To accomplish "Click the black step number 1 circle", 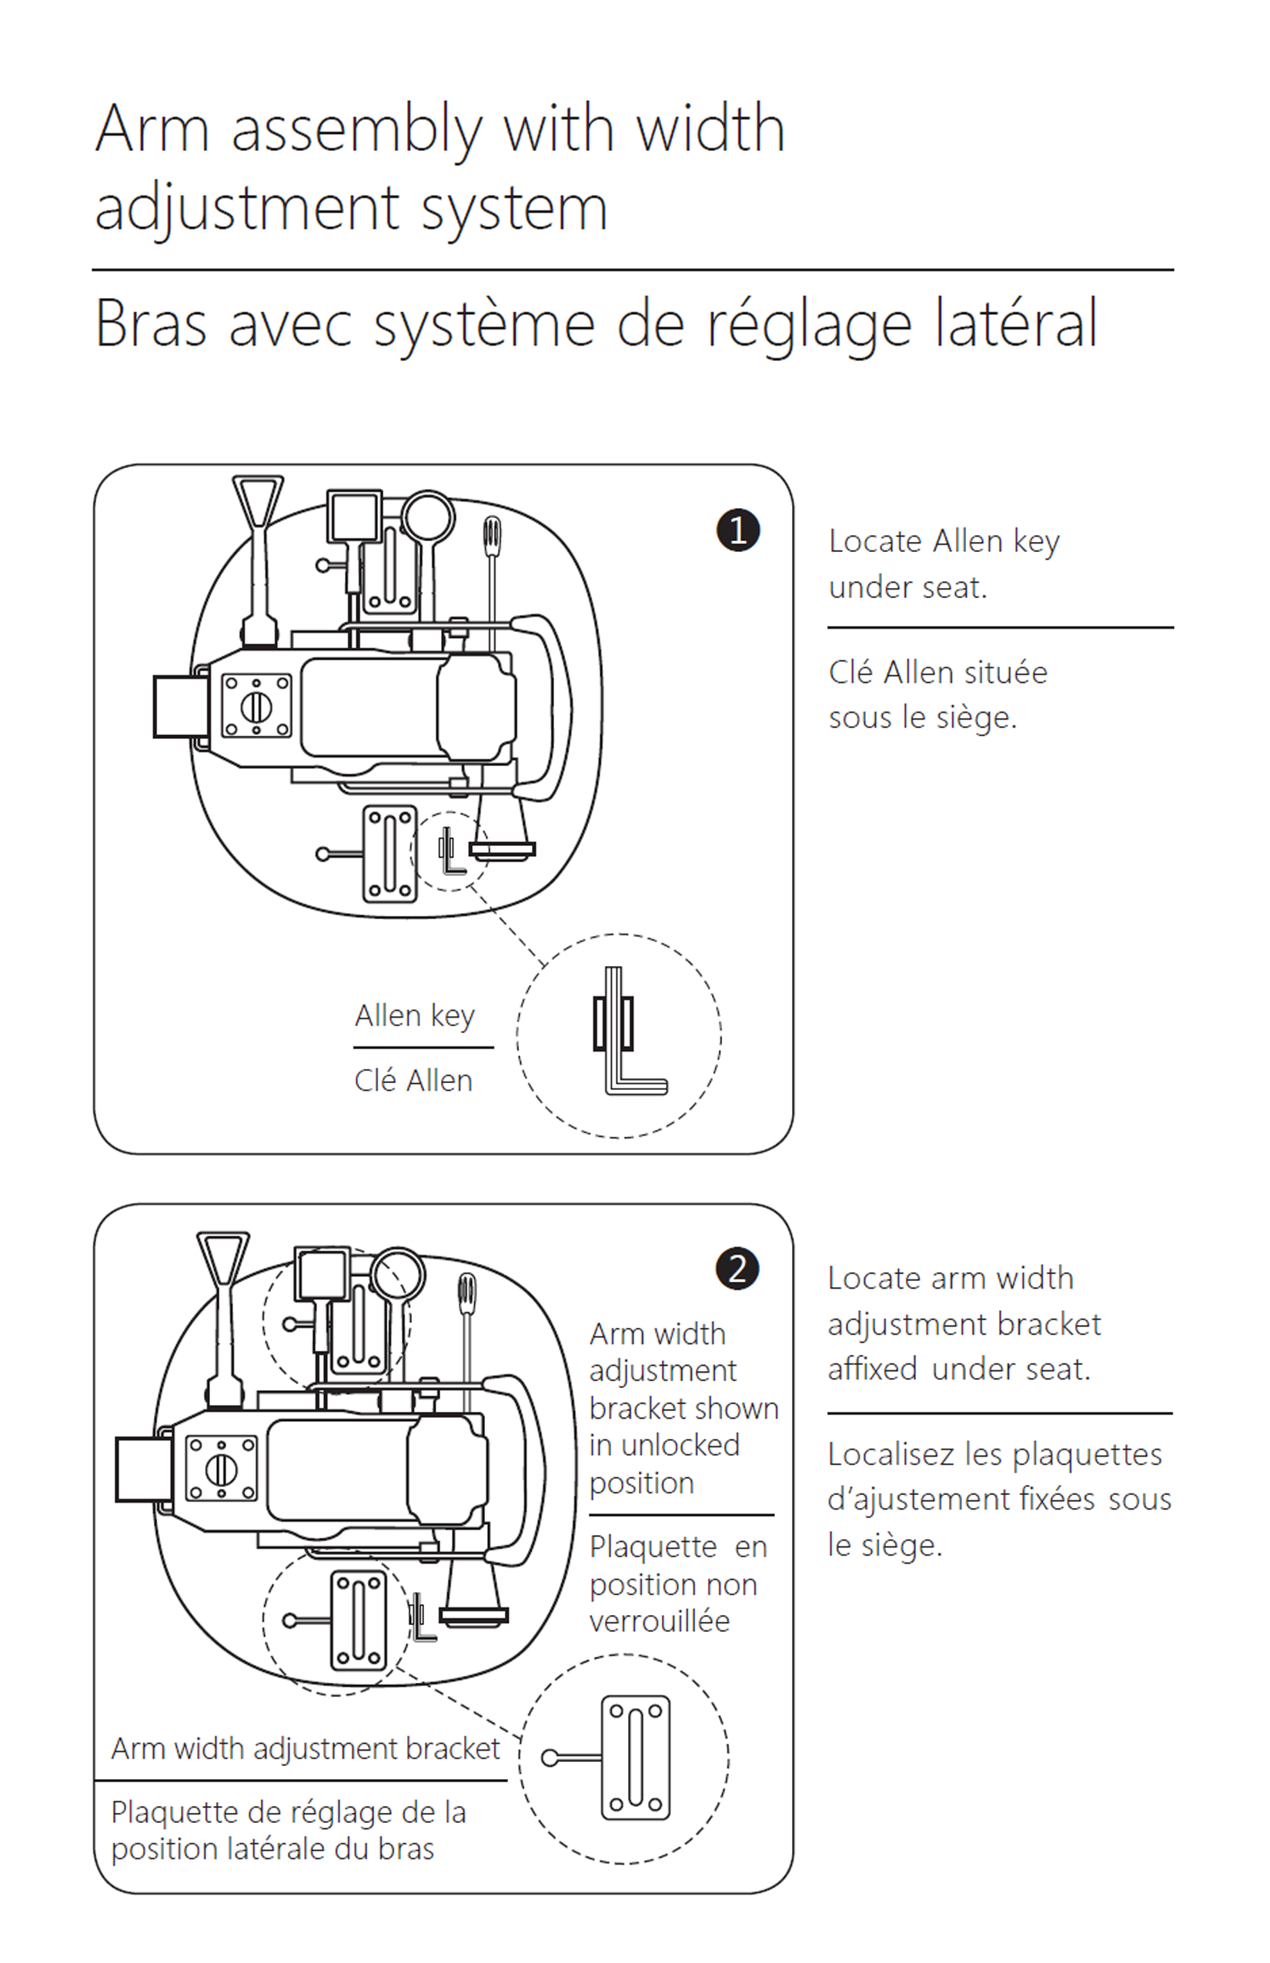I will (738, 530).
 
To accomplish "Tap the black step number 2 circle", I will (737, 1269).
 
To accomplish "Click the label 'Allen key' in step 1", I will (415, 1015).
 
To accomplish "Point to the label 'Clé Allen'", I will (413, 1081).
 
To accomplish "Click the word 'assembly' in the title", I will (356, 130).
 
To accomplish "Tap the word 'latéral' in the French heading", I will (1016, 323).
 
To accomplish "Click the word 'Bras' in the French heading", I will (150, 323).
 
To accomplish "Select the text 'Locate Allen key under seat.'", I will (944, 564).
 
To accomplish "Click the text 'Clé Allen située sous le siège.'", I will (937, 694).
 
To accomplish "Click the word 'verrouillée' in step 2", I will (660, 1621).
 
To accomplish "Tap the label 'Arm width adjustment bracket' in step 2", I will (305, 1747).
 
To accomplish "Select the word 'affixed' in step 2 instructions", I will (873, 1369).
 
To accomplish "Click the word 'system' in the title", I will (516, 208).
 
